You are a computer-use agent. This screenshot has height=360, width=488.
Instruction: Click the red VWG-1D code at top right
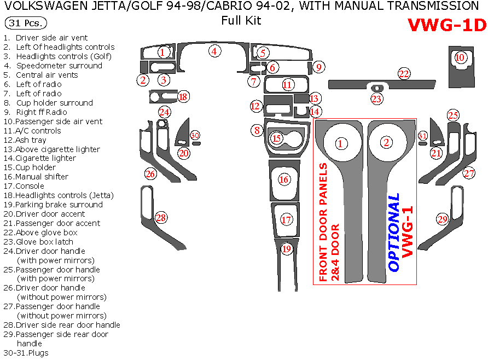click(446, 26)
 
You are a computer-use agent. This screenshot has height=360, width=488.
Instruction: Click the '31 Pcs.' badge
click(25, 24)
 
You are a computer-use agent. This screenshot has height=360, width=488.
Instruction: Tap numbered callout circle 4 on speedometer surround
click(215, 51)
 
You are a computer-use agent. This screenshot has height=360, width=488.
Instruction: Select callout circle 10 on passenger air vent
click(460, 57)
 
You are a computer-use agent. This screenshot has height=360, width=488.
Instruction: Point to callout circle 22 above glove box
click(404, 74)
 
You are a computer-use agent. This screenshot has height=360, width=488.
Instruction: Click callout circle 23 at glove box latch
click(376, 99)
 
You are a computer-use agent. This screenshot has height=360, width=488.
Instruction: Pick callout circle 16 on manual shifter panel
click(283, 179)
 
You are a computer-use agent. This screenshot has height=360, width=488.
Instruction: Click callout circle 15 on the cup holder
click(277, 138)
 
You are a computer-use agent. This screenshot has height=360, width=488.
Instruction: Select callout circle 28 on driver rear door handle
click(160, 218)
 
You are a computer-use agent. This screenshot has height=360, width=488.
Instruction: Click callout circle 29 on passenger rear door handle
click(442, 219)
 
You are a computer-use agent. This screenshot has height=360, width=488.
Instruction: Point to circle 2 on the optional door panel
click(387, 143)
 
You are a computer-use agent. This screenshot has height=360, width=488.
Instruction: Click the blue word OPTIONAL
click(394, 233)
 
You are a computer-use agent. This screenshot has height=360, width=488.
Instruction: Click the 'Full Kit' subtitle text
click(241, 21)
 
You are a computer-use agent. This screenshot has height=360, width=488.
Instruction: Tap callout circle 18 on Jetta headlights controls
click(183, 97)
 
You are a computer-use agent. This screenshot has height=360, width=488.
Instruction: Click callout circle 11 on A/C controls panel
click(287, 85)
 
